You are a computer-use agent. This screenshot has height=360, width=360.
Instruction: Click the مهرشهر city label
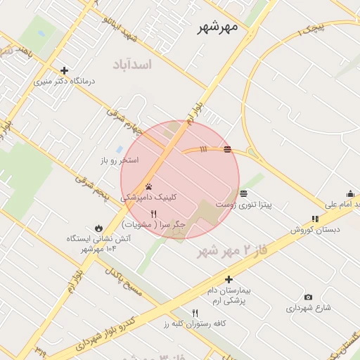(217, 27)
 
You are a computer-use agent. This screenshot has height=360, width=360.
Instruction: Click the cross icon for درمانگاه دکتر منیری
(65, 70)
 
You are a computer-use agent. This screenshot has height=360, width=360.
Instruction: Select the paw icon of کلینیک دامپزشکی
(150, 187)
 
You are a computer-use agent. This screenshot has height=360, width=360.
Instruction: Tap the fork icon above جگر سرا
(154, 213)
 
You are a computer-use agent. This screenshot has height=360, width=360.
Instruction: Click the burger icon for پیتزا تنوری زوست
(243, 193)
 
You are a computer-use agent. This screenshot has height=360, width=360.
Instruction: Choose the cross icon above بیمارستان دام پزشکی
(229, 279)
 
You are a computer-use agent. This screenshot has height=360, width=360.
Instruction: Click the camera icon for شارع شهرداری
(308, 297)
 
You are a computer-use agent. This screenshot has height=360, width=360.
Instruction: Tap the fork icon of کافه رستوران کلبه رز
(195, 313)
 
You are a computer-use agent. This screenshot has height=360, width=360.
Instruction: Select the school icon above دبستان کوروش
(314, 219)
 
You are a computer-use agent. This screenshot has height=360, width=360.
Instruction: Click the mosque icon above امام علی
(350, 193)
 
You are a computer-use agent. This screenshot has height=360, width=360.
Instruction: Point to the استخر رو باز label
(119, 160)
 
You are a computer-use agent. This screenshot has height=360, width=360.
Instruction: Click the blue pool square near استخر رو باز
(119, 150)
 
